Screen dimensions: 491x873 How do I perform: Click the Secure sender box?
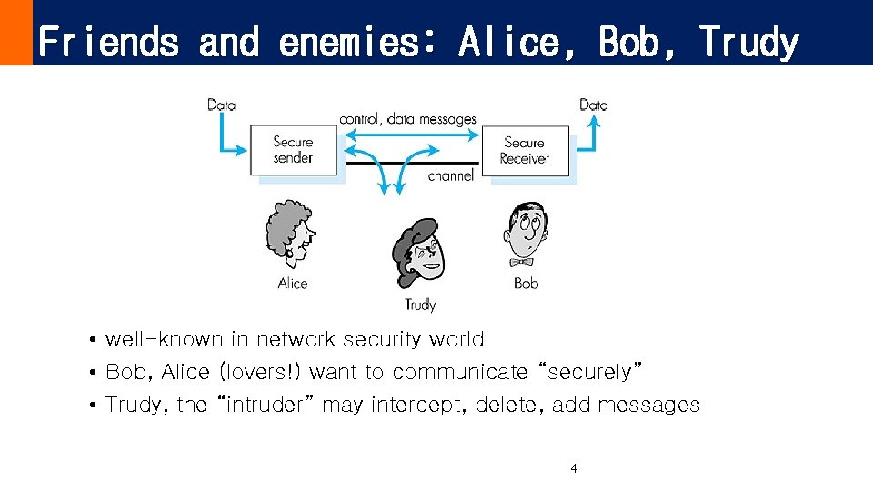point(293,150)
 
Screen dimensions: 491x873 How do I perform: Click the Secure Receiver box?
point(525,150)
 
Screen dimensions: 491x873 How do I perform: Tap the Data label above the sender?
point(221,105)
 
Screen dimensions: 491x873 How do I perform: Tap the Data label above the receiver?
point(593,105)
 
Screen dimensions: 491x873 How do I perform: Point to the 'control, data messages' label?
point(407,119)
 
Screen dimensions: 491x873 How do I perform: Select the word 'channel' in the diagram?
point(451,175)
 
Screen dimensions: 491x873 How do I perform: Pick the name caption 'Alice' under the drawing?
point(293,284)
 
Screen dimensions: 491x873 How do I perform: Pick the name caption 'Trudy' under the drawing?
point(420,306)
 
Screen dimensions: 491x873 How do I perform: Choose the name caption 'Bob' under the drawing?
point(526,284)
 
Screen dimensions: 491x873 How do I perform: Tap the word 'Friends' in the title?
point(109,42)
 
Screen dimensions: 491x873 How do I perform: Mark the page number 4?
point(573,469)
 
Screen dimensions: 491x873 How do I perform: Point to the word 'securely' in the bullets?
point(591,372)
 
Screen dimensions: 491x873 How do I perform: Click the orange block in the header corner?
point(15,33)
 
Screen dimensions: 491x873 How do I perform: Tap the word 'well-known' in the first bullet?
point(164,339)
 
